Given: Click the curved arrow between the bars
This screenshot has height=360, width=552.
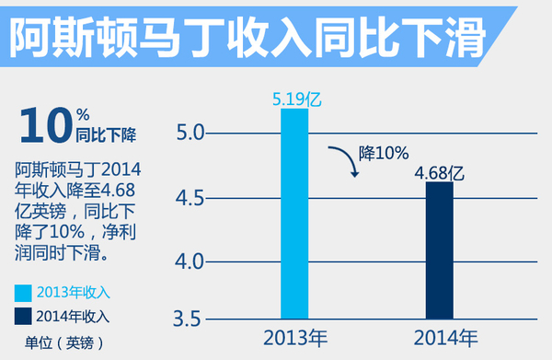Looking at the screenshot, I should pyautogui.click(x=344, y=159).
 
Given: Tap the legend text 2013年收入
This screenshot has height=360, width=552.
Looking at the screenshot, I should pyautogui.click(x=73, y=293).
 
